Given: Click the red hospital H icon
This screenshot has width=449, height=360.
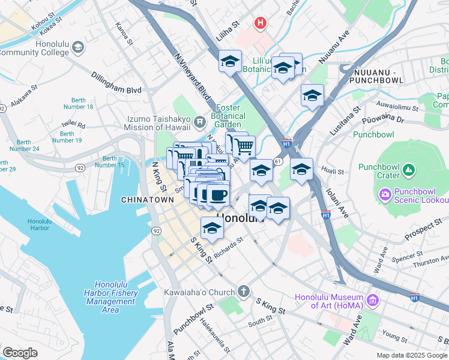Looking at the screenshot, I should [260, 23].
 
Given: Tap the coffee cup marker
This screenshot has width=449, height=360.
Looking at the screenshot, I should [217, 196].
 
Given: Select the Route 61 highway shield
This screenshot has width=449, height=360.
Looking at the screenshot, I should [277, 161].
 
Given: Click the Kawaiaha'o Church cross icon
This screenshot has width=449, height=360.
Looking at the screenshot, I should [243, 292].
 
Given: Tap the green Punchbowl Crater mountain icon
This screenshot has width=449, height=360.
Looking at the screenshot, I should [409, 171].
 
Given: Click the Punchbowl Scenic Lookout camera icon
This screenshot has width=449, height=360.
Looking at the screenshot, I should [384, 194].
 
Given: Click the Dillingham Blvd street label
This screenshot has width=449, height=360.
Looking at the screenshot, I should [116, 83].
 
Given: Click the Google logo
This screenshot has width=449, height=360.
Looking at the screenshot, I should [20, 352].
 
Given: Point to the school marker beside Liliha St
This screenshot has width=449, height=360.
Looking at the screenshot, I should [229, 62].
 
